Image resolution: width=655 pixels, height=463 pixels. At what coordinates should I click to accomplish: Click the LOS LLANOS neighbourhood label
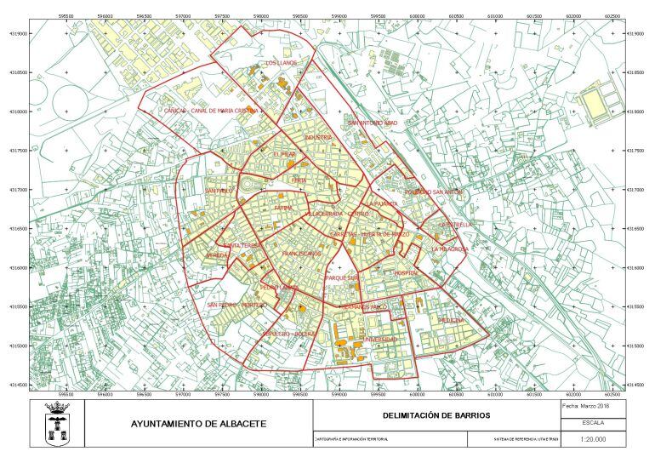(x=281, y=63)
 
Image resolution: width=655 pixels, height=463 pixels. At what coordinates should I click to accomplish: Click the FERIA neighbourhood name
(x=299, y=180)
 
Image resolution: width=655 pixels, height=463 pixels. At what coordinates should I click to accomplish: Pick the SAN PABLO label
(x=219, y=191)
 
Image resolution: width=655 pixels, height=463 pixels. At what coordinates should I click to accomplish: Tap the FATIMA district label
(x=283, y=208)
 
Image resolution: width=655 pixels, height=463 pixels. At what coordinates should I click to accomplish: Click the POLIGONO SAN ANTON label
(x=434, y=192)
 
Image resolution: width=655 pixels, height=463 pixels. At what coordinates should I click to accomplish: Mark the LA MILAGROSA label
(x=449, y=249)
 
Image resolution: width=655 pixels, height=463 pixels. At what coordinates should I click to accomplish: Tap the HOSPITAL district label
(x=407, y=272)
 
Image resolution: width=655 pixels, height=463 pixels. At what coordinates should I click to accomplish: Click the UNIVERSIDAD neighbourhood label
(x=380, y=340)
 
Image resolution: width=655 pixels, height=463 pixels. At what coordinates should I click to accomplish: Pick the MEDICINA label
(x=451, y=320)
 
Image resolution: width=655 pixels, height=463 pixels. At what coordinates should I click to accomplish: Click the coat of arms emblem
(x=57, y=424)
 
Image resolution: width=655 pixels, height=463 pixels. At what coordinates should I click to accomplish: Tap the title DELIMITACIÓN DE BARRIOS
(x=436, y=415)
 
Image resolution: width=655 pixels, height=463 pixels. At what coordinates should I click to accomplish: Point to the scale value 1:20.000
(x=592, y=439)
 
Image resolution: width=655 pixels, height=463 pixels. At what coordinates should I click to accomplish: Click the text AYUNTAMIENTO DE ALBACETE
(x=198, y=424)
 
